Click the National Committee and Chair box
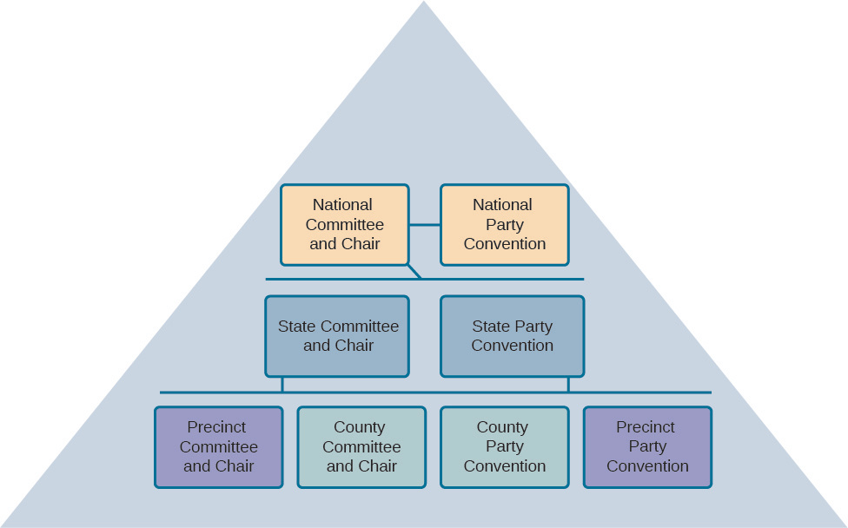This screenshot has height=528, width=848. (344, 224)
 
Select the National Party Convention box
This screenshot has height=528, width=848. (504, 224)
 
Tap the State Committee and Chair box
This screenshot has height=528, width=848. (337, 336)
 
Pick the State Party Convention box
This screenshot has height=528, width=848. (512, 336)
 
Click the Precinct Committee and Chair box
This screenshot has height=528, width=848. (219, 446)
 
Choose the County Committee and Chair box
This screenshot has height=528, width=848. (361, 446)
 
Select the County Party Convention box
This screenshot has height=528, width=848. (504, 446)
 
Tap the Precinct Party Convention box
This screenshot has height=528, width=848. (647, 446)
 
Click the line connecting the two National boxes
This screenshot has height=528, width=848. (425, 225)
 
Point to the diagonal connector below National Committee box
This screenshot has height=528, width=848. (414, 272)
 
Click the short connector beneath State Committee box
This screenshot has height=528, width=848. (282, 384)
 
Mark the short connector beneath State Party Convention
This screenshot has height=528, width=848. (568, 384)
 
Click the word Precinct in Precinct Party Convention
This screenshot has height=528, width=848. (646, 427)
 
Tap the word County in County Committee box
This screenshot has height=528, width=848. (360, 427)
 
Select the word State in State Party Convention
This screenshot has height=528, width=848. (490, 327)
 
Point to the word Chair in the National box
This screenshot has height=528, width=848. (361, 244)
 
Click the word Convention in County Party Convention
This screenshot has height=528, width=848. (505, 466)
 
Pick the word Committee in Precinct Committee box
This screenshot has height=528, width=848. (219, 447)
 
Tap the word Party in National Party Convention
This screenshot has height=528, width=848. (504, 225)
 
